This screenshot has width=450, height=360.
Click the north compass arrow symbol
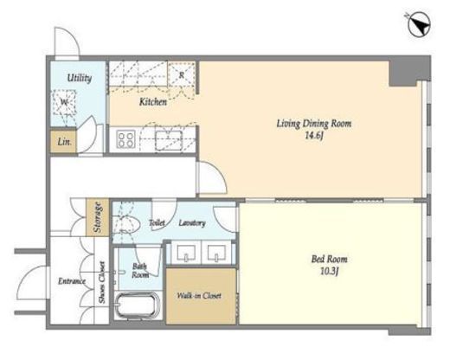click(420, 25)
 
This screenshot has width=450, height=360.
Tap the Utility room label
click(80, 78)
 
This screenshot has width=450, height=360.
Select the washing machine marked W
click(64, 102)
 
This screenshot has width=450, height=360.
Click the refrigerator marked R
click(182, 74)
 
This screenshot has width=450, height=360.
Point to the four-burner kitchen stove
click(126, 139)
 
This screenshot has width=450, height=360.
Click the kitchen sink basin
click(169, 140)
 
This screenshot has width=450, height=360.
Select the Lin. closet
click(64, 142)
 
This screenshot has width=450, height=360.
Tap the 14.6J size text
click(314, 135)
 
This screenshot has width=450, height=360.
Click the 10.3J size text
click(329, 271)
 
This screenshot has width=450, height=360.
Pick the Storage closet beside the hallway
click(98, 217)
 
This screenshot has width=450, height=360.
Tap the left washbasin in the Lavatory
click(186, 253)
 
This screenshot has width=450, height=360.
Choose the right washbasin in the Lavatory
click(216, 253)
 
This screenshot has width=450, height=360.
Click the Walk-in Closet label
click(199, 296)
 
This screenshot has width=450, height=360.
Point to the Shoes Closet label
click(102, 282)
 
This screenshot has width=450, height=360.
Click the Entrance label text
click(72, 281)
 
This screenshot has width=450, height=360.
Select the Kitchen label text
click(153, 101)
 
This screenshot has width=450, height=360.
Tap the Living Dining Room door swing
click(212, 177)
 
